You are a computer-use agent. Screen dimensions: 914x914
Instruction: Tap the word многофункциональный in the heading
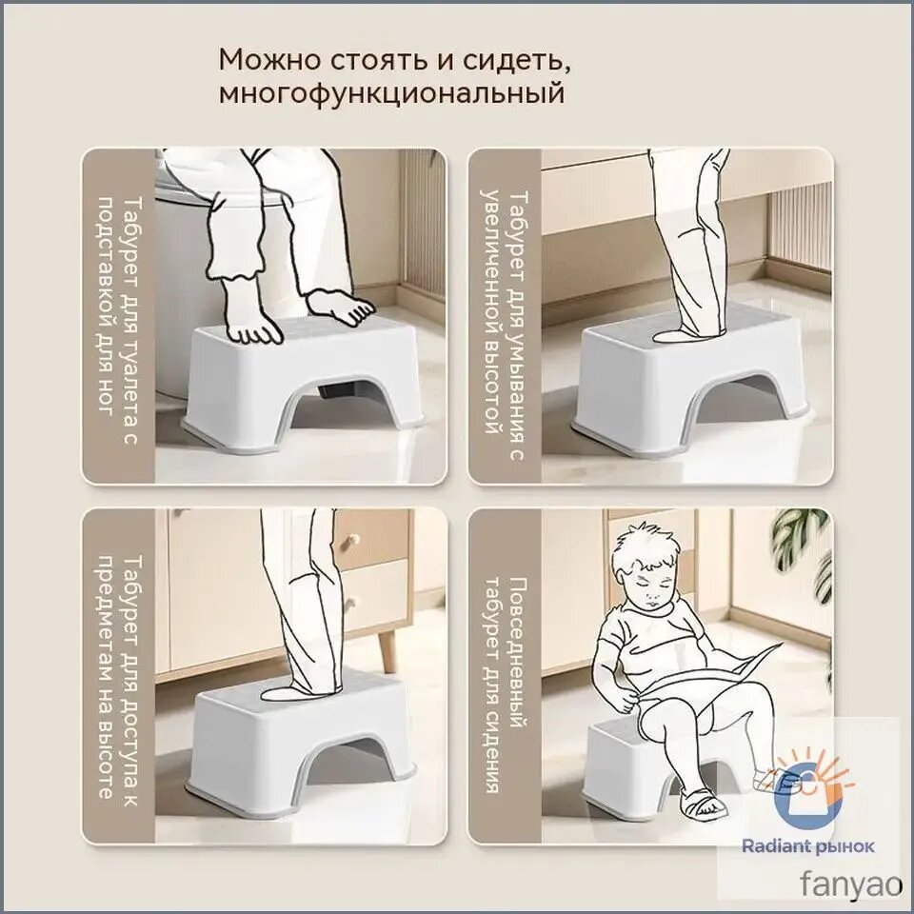[391, 93]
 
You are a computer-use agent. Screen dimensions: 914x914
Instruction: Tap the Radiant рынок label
[808, 846]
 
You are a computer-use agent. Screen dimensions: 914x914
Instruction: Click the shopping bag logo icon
[807, 791]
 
